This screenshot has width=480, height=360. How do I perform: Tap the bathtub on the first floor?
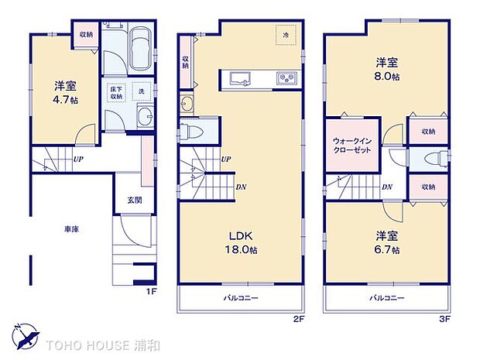pos(139,49)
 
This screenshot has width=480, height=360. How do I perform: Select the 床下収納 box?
pos(117,91)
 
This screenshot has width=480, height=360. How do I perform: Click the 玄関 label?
pos(135,200)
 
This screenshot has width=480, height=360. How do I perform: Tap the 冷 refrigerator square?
pos(286,35)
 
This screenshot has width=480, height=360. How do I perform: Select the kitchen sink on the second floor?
pos(238,79)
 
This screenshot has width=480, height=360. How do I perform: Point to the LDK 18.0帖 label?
pos(242,243)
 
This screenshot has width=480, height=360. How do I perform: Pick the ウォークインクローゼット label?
pos(351,146)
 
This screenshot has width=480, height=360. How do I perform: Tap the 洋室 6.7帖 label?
pos(386,243)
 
